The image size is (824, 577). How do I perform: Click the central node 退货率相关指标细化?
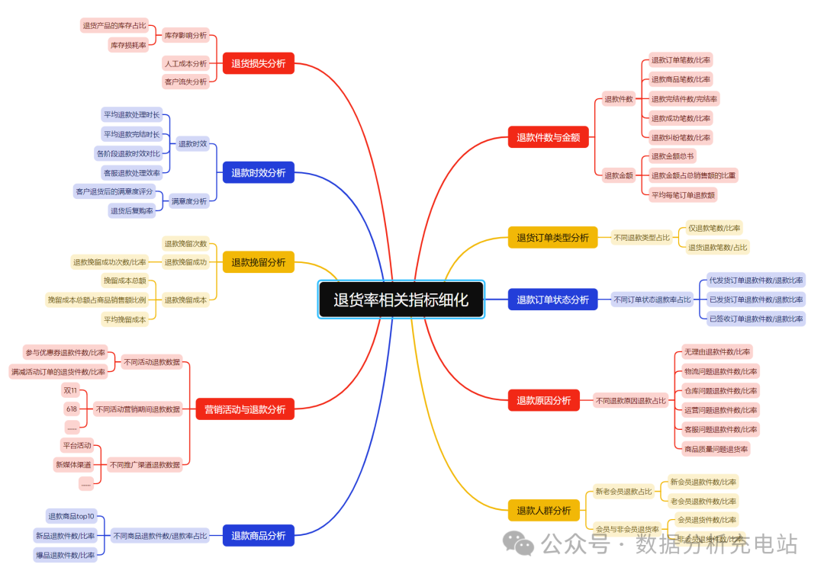401,300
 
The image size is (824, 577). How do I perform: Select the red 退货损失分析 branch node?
258,63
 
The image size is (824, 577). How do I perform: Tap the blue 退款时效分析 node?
258,173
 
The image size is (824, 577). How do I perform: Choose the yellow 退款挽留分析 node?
258,262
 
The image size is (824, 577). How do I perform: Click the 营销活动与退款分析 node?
244,409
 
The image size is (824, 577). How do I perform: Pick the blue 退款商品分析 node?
258,536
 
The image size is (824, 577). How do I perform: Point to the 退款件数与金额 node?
548,137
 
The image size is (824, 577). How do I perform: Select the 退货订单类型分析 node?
552,237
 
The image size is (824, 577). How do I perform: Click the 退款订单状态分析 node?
552,300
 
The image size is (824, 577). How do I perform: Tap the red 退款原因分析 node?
543,400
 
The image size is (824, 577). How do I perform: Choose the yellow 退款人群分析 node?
543,511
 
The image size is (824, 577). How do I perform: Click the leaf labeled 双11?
70,389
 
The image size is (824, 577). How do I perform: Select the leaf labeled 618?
71,409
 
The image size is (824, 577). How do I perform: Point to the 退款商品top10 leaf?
71,516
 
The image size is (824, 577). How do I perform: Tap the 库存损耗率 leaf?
128,45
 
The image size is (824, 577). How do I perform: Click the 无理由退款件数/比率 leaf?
717,351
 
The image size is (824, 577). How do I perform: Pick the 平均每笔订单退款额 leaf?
683,194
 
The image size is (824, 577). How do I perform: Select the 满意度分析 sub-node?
189,201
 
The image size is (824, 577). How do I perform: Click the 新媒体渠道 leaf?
72,464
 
